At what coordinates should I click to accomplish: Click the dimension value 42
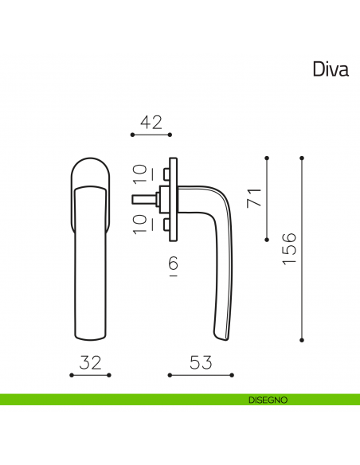pyautogui.click(x=151, y=123)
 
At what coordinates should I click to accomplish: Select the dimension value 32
pyautogui.click(x=91, y=363)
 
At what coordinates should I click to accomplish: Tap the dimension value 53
pyautogui.click(x=201, y=363)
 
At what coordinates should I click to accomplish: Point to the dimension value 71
pyautogui.click(x=255, y=198)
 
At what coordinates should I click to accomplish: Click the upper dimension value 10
pyautogui.click(x=140, y=172)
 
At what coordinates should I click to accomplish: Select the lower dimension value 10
pyautogui.click(x=140, y=224)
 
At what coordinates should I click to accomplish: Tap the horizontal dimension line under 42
pyautogui.click(x=151, y=135)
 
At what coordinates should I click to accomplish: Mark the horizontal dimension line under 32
pyautogui.click(x=91, y=374)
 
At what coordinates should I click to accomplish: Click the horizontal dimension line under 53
pyautogui.click(x=201, y=374)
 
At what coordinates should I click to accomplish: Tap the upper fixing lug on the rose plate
pyautogui.click(x=166, y=173)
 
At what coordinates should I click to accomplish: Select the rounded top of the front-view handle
pyautogui.click(x=91, y=166)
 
